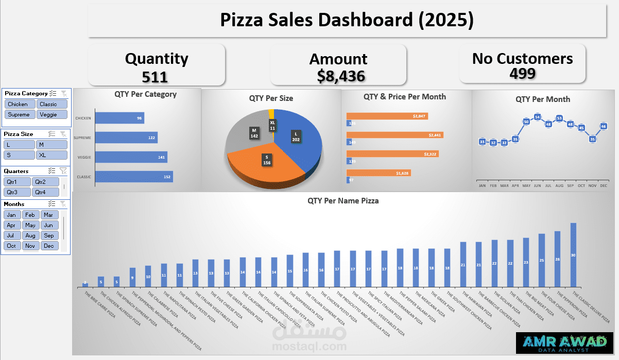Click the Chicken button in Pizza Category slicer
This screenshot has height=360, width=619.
[x=18, y=104]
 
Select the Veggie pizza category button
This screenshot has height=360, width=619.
[x=51, y=114]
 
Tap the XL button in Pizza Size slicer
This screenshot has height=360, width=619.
[x=51, y=155]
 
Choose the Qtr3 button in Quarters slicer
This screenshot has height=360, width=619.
[x=17, y=192]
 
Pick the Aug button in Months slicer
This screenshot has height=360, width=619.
[x=30, y=235]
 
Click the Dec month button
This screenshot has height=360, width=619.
[x=49, y=246]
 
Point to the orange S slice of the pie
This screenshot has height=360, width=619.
[x=263, y=165]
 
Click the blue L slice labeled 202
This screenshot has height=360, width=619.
[x=299, y=139]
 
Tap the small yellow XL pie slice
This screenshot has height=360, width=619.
[x=271, y=114]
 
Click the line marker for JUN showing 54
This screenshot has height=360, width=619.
[x=537, y=117]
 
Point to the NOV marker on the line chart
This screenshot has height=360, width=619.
[x=592, y=139]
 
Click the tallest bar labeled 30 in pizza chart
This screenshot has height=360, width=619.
[x=573, y=255]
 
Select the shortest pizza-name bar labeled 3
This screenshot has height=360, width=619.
[x=85, y=285]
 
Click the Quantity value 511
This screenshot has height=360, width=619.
[x=155, y=77]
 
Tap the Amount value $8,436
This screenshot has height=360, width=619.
[x=341, y=76]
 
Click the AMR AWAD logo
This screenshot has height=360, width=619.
[x=564, y=343]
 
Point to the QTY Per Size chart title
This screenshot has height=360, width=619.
[x=271, y=98]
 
